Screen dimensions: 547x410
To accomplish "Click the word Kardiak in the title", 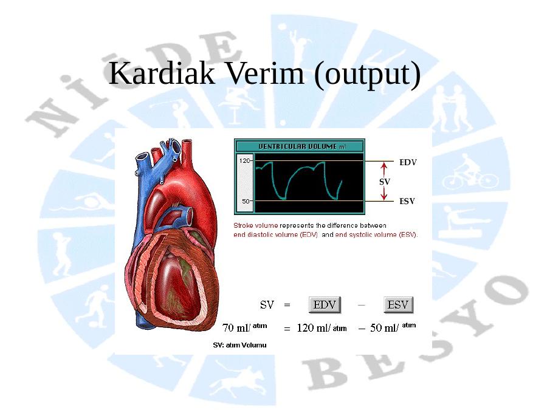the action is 162,73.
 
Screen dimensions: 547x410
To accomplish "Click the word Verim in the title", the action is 265,73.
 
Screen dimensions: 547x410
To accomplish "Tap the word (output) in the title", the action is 367,75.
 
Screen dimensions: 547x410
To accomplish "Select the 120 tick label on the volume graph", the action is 244,161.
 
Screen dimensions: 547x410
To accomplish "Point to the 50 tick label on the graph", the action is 246,201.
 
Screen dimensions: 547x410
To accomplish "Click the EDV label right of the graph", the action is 408,162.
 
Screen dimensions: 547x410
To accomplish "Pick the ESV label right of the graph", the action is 407,202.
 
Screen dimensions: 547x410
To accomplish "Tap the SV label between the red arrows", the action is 385,182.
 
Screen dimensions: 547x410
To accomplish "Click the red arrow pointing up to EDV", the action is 384,169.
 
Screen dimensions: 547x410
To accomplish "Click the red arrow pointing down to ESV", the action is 384,194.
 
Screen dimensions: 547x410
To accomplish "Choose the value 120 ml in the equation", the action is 314,328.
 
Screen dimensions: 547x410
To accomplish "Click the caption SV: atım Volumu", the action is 239,345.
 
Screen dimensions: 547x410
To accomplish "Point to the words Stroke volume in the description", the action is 256,225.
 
